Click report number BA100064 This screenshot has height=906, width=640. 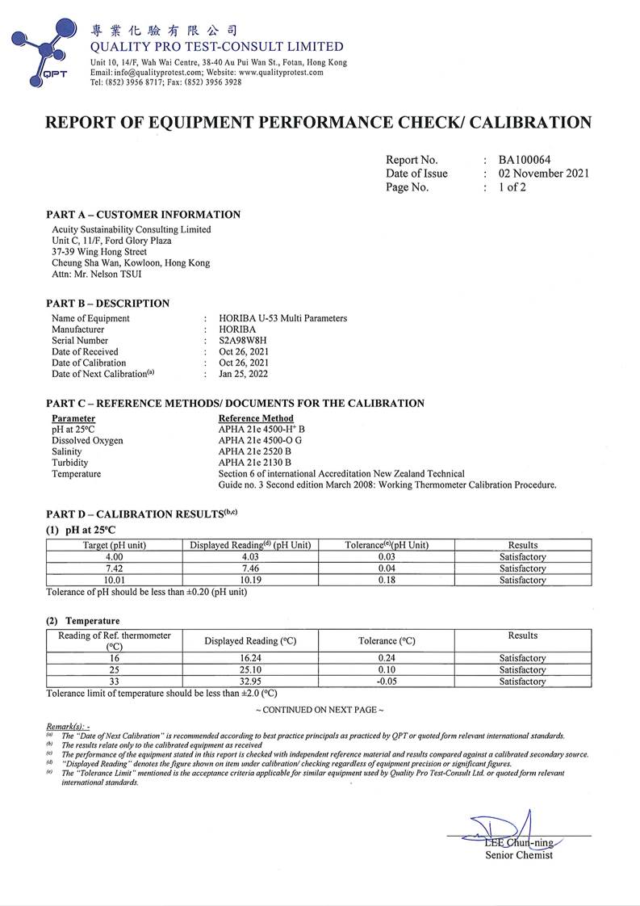tap(525, 160)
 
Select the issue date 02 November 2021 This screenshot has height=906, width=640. tap(543, 174)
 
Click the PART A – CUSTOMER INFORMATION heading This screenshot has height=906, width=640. tap(143, 215)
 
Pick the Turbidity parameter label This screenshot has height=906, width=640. tap(70, 463)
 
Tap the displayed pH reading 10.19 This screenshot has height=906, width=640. tap(250, 580)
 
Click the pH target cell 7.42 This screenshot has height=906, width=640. tap(114, 568)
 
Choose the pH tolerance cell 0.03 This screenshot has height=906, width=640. tap(387, 557)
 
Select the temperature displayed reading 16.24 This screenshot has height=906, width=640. tap(250, 658)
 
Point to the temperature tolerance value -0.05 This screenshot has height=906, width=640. tap(387, 682)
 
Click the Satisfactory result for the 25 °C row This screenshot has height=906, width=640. tap(522, 670)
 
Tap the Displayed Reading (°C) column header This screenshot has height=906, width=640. tap(250, 641)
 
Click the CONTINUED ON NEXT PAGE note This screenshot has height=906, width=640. tap(320, 710)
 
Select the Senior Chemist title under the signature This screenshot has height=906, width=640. tap(519, 856)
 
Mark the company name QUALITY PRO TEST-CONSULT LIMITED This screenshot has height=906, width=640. tap(217, 47)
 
